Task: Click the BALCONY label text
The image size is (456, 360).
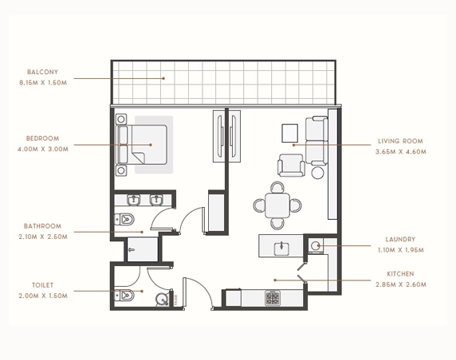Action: pos(42,72)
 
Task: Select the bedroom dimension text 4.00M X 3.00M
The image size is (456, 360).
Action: pos(43,149)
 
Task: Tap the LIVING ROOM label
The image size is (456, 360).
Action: pos(400,141)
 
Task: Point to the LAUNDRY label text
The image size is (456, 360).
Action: pos(400,239)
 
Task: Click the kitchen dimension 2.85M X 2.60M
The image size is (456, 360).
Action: pos(401,284)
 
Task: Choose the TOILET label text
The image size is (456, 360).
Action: pos(43,285)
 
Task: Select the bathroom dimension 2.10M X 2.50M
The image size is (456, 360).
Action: pos(43,237)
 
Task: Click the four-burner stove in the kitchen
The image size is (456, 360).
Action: pos(273,298)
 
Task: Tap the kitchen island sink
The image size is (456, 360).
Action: pos(281,248)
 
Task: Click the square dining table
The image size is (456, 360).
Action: pos(277,205)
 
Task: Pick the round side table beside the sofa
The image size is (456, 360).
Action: pos(317,173)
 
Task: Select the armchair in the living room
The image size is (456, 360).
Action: pos(291,165)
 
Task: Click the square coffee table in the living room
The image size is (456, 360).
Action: pos(289,133)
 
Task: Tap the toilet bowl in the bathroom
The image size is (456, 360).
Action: pos(124,219)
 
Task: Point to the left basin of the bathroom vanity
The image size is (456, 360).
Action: pos(133,200)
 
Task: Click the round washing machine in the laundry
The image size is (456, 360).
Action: pos(315,246)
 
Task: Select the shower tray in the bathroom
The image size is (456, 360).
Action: pos(143,249)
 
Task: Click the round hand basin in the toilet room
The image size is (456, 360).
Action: pos(161,299)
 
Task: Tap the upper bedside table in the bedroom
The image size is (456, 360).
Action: pos(121,119)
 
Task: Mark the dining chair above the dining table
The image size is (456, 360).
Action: pos(277,187)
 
